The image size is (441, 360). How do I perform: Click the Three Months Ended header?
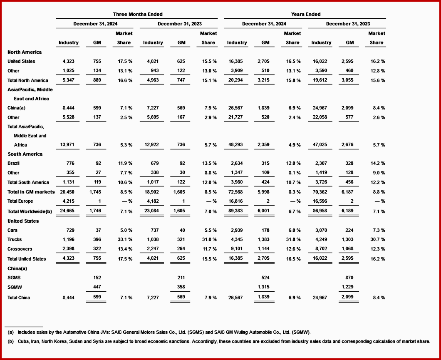click(x=138, y=14)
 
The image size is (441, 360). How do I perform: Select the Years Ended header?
click(x=306, y=14)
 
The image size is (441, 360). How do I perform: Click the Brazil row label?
click(x=13, y=163)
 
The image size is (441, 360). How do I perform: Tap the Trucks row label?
click(x=15, y=239)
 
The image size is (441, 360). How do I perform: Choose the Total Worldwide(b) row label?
click(x=30, y=211)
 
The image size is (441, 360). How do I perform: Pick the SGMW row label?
click(x=15, y=288)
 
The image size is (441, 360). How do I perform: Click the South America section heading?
click(x=25, y=154)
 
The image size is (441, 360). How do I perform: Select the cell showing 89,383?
click(x=236, y=211)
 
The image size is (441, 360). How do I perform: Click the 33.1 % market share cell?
click(x=125, y=239)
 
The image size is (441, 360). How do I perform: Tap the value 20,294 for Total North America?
click(x=236, y=80)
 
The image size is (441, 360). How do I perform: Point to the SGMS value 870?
click(x=349, y=278)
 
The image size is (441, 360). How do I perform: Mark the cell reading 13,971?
click(x=69, y=145)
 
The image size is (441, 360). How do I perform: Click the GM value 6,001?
click(x=265, y=211)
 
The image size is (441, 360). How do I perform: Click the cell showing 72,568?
click(x=236, y=192)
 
